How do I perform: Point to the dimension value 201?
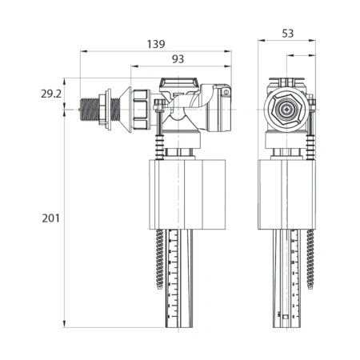51,218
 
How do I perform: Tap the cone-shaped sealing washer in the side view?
126,104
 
